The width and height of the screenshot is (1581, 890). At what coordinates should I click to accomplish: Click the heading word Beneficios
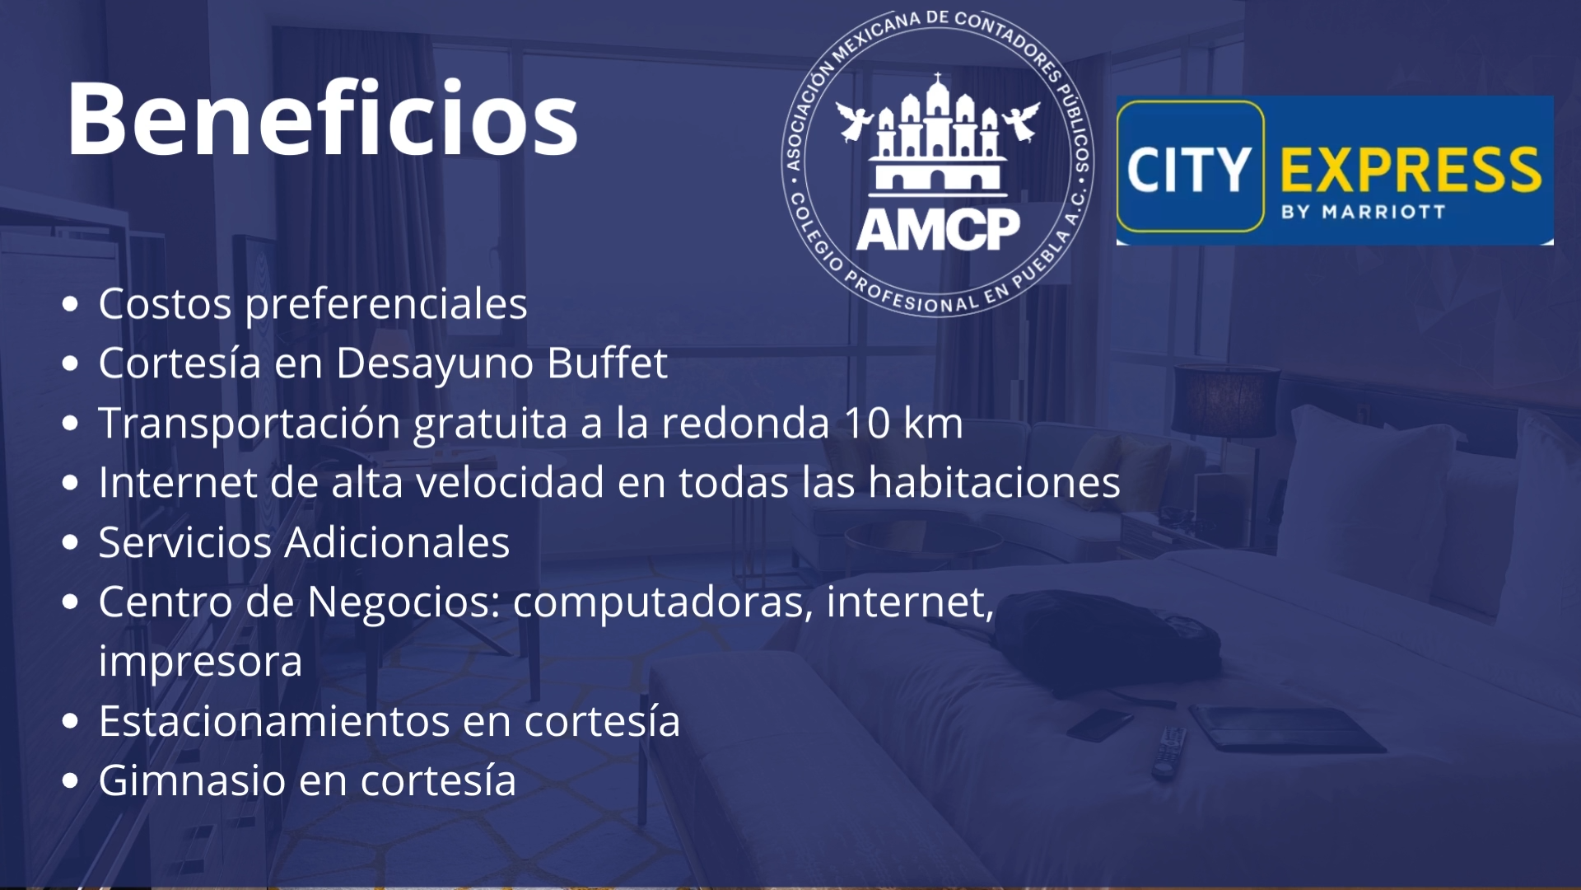(x=322, y=119)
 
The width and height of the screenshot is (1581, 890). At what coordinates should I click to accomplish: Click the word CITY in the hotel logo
(x=1189, y=170)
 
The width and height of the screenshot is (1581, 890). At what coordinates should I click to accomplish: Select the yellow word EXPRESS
(x=1411, y=170)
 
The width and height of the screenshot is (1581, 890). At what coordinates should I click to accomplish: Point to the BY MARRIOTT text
(x=1363, y=212)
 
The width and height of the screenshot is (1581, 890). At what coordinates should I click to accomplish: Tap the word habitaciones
(x=994, y=482)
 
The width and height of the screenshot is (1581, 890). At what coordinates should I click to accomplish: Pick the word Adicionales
(x=397, y=542)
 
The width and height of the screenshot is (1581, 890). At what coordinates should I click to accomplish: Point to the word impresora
(x=201, y=662)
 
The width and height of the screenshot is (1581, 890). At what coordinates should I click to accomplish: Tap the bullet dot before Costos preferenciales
(x=71, y=304)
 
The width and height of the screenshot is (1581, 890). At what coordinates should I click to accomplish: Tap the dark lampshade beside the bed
(x=1226, y=400)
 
